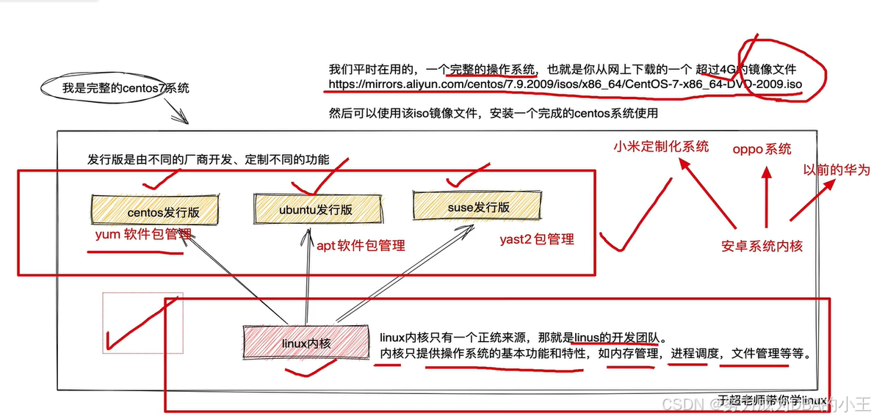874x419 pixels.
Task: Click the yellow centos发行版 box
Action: tap(154, 211)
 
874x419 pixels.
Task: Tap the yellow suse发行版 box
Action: tap(478, 206)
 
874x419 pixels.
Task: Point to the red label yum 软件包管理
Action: tap(144, 236)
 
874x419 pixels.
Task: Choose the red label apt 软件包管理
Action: tap(361, 245)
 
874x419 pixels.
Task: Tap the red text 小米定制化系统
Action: tap(661, 146)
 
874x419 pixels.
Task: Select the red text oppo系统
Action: tap(762, 149)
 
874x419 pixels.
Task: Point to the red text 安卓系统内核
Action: tap(762, 246)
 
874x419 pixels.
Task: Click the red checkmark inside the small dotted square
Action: tap(136, 327)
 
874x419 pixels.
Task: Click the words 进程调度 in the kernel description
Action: tap(693, 354)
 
